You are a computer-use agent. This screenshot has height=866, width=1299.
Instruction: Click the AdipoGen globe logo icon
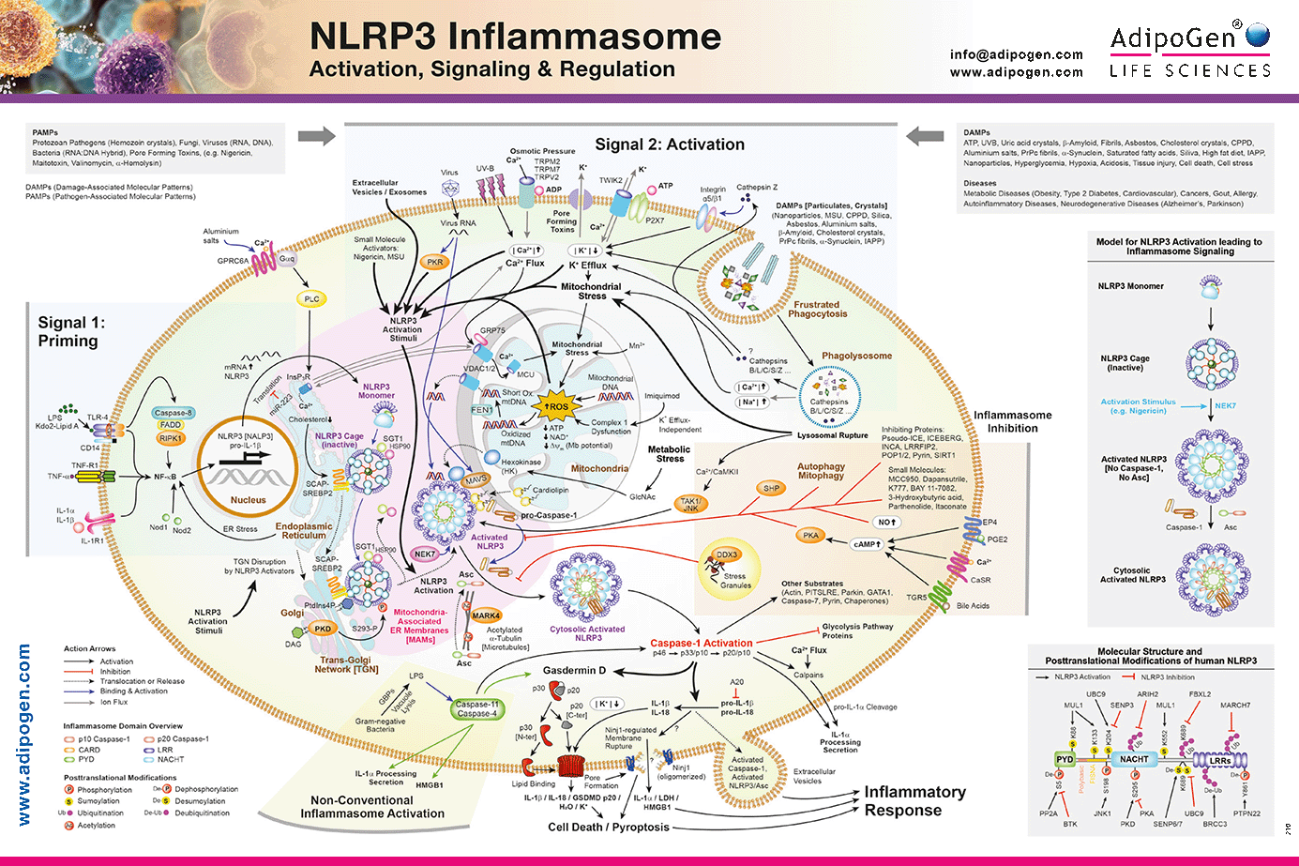(1258, 36)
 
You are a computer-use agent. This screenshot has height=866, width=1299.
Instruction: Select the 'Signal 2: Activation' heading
(670, 144)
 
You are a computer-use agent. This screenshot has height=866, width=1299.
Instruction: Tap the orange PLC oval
(311, 299)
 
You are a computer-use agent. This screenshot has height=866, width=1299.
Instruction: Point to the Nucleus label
(249, 500)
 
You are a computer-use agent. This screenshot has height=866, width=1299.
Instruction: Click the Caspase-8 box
(174, 413)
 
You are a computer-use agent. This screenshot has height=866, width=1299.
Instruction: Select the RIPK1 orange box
(171, 438)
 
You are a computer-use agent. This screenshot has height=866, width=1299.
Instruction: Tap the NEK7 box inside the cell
(425, 554)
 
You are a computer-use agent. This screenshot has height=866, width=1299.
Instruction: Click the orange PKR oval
(435, 263)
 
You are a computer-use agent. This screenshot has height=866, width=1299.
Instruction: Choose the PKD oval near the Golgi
(323, 629)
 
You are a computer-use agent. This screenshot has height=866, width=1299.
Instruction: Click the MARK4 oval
(486, 615)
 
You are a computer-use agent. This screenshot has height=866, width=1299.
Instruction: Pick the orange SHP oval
(771, 488)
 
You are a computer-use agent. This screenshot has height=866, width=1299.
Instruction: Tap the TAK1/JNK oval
(690, 505)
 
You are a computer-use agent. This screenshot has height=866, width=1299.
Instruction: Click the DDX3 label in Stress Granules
(727, 555)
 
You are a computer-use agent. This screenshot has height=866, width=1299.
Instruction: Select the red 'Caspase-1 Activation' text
(702, 644)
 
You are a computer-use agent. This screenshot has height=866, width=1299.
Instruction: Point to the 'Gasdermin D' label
(574, 671)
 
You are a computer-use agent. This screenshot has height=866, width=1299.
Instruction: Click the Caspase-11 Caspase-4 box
(476, 708)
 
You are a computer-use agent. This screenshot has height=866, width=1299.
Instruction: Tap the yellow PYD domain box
(1065, 759)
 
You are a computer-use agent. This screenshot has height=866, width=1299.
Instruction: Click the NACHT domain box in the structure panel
(1134, 759)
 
